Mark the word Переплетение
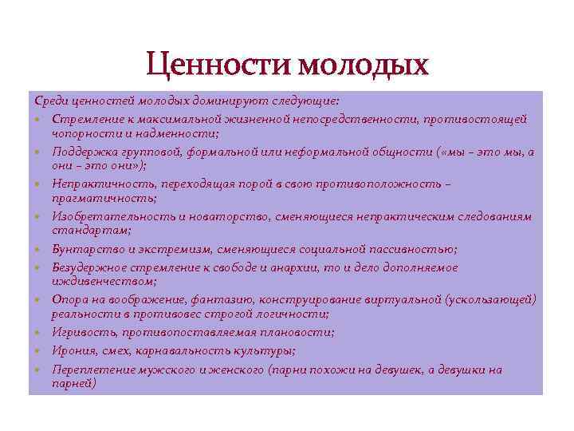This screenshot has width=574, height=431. [x=90, y=370]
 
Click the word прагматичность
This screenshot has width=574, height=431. [x=103, y=198]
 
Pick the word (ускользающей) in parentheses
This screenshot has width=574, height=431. [x=491, y=299]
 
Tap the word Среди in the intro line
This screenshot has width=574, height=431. [x=50, y=101]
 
